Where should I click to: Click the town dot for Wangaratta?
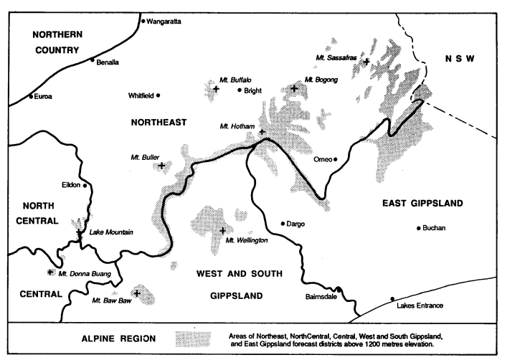[143, 22]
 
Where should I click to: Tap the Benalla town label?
[108, 63]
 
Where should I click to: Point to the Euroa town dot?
[31, 96]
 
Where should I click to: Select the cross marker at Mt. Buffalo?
[216, 90]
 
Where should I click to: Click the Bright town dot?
[240, 90]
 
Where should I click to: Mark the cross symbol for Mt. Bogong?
[295, 89]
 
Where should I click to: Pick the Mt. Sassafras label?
[336, 57]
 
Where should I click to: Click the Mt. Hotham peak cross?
[262, 132]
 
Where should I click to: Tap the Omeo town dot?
[335, 159]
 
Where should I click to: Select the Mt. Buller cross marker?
[161, 166]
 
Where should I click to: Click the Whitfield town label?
[141, 95]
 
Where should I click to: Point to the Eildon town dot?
[85, 186]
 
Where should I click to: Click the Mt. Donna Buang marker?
[49, 273]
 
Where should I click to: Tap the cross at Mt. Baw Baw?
[136, 293]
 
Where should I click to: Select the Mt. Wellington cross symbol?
[223, 231]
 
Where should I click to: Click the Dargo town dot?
[283, 223]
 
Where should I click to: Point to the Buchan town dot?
[419, 228]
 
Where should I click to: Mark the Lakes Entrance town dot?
[392, 298]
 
